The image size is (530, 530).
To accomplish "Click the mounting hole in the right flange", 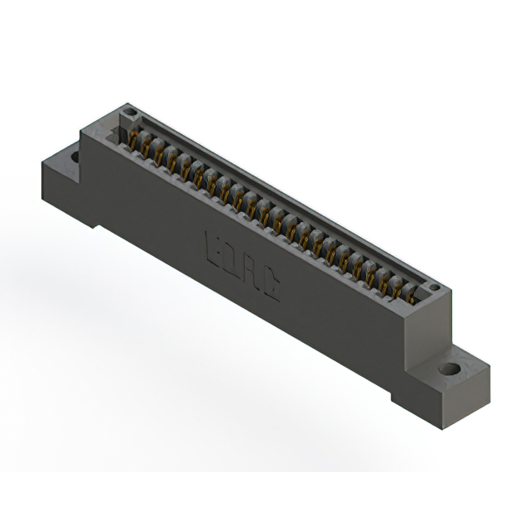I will click(x=449, y=369).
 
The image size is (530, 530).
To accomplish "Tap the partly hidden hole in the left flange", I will click(x=75, y=156).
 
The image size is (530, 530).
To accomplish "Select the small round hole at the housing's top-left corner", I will click(x=128, y=112).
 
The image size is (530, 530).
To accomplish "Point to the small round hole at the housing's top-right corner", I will click(x=433, y=288).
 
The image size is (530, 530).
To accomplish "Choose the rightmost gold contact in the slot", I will click(x=410, y=295).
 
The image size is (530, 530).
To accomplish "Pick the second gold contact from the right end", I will click(x=397, y=287).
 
